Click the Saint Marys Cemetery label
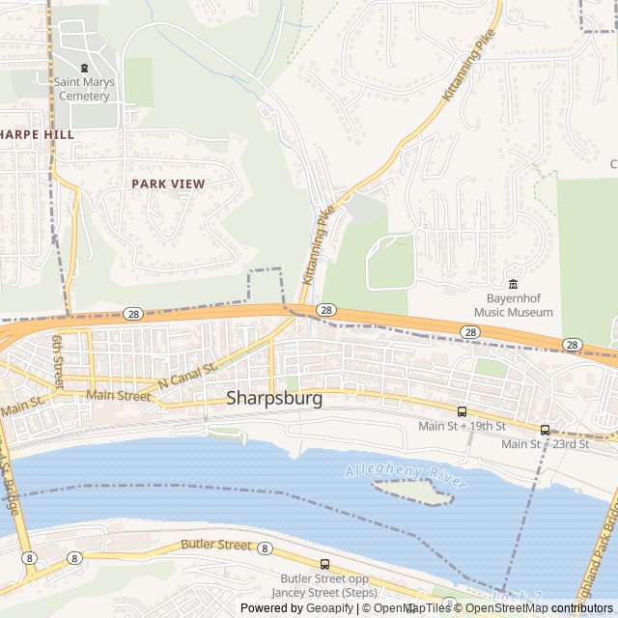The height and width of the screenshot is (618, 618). point(84,89)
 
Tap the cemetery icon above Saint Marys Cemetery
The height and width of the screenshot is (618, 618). point(84,69)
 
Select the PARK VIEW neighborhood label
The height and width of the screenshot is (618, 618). point(168,183)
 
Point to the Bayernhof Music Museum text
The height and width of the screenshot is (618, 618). point(513,306)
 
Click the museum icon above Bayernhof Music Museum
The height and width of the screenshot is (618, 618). point(513,284)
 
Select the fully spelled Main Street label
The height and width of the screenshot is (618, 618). point(118,395)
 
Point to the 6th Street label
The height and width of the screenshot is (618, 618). point(58,360)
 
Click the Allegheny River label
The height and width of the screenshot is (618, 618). point(406,476)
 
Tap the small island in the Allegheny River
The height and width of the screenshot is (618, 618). point(414,492)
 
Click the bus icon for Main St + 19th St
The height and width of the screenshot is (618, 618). point(462,411)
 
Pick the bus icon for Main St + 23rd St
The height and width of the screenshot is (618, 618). point(545,430)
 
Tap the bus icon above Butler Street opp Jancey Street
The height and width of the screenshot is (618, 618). point(324,564)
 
